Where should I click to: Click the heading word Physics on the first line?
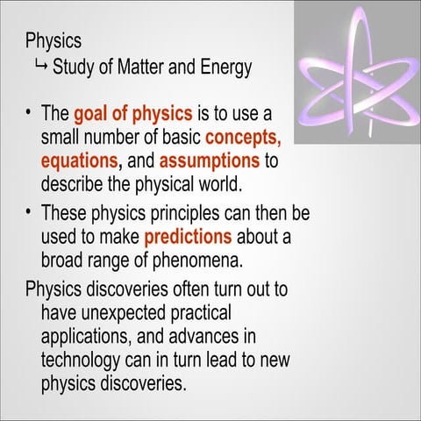click(54, 41)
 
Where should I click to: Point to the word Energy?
click(224, 67)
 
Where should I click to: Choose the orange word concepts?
click(243, 138)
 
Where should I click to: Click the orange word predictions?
click(188, 237)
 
